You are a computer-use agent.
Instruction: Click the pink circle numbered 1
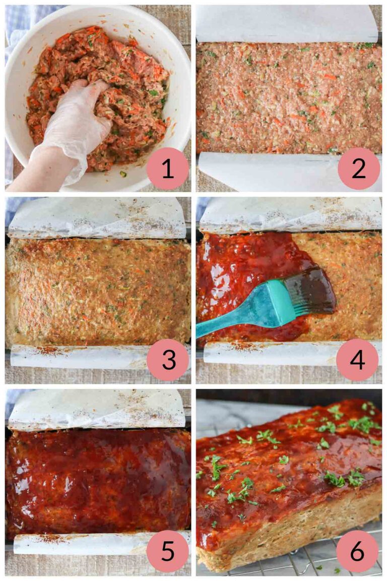pos(168,168)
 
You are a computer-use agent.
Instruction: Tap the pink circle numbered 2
pos(358,168)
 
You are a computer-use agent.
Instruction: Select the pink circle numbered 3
pos(168,360)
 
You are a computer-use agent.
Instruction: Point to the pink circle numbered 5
pos(168,552)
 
